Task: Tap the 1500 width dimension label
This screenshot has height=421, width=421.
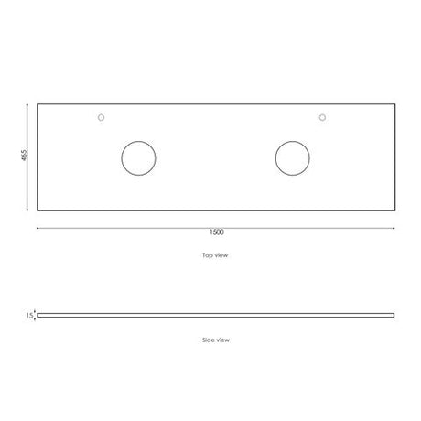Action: point(217,232)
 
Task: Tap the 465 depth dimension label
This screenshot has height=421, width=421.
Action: point(25,155)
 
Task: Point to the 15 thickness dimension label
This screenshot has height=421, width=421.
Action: point(29,316)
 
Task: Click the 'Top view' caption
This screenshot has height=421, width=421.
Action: point(215,255)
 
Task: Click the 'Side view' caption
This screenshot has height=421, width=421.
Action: point(216,340)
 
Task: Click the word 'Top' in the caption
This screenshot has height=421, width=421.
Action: point(208,255)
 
